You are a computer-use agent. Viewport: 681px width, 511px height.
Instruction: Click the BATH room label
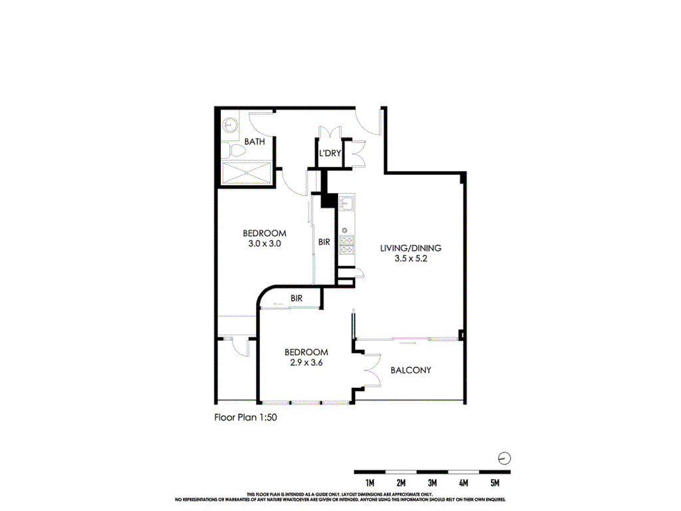[255, 142]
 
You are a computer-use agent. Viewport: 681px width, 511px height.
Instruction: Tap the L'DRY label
[330, 153]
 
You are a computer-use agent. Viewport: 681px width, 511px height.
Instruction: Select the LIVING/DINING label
[411, 248]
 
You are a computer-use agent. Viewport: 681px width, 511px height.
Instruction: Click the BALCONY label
[411, 370]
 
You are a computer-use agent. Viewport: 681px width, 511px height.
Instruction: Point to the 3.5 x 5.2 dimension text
[411, 259]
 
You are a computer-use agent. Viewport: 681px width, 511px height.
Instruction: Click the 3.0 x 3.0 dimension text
[265, 244]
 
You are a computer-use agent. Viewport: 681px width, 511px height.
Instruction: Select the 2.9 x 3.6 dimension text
[306, 363]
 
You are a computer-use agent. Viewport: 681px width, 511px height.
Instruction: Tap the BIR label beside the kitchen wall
[324, 242]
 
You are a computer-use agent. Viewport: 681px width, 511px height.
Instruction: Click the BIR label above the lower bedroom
[297, 299]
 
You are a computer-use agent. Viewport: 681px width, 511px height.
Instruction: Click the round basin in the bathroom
[229, 125]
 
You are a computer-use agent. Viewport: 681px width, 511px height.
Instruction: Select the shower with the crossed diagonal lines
[247, 173]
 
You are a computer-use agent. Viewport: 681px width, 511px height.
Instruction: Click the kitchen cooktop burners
[346, 245]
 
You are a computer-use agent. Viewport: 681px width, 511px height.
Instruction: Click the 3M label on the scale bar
[432, 483]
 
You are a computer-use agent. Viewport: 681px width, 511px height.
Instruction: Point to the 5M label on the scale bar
[495, 483]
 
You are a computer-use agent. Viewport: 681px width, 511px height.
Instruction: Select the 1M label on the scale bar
[370, 483]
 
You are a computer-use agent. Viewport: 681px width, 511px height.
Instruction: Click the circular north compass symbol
[504, 458]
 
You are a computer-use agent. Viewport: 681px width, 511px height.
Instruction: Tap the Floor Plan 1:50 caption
[245, 418]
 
